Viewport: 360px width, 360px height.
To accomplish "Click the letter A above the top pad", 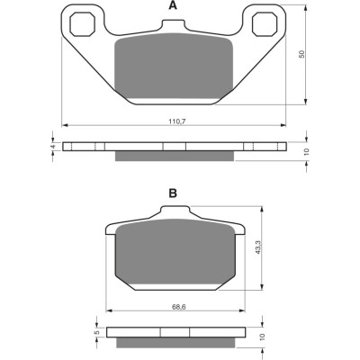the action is pyautogui.click(x=173, y=5).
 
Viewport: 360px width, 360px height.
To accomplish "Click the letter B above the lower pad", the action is pyautogui.click(x=173, y=193).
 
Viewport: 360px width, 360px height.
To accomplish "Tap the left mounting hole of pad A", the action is pyautogui.click(x=83, y=24).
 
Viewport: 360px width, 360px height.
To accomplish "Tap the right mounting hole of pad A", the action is pyautogui.click(x=265, y=24).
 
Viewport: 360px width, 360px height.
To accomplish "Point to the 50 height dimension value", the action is pyautogui.click(x=301, y=54).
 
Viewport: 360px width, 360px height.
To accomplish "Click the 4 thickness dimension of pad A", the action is pyautogui.click(x=53, y=147).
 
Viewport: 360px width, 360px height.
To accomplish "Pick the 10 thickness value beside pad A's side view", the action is pyautogui.click(x=306, y=152).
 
